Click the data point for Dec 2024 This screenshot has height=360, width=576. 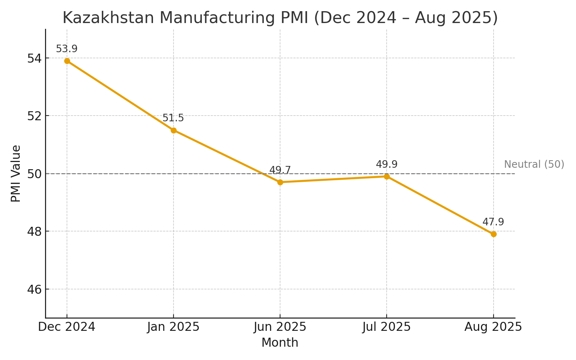pos(67,61)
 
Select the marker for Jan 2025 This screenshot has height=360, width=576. pos(174,130)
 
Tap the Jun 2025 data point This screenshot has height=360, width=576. pos(280,182)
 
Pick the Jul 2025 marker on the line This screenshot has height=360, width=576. pos(387,176)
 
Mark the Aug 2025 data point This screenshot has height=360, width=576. pos(493,234)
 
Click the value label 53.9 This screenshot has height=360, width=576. pos(67,49)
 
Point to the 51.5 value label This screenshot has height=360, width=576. pos(173,118)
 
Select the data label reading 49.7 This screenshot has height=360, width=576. pos(280,170)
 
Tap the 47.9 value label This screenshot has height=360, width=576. pos(493,222)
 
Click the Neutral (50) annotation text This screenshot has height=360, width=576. pos(534,165)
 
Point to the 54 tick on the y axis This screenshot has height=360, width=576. pos(34,58)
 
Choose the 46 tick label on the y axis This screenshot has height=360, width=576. pos(34,289)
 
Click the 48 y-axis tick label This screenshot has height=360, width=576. pos(34,231)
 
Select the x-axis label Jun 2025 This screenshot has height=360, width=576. pos(280,327)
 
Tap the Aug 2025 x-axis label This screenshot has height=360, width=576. pos(493,327)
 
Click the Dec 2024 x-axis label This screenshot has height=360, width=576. pos(67,327)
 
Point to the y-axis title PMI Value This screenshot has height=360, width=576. pos(16,174)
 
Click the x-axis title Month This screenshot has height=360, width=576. pos(280,343)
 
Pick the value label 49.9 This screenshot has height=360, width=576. pos(387,165)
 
